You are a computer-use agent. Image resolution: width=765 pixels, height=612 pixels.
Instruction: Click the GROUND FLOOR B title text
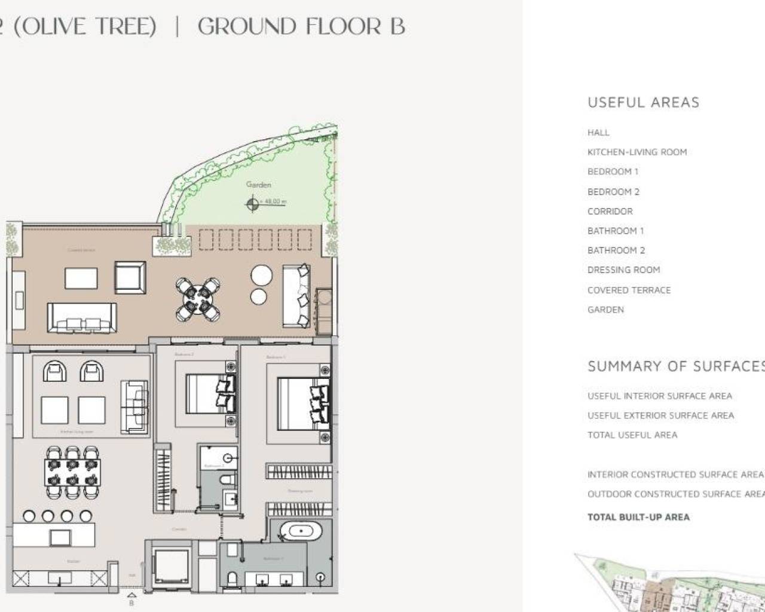click(x=301, y=27)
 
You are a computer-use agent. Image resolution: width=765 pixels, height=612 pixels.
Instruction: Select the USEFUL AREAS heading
click(x=643, y=102)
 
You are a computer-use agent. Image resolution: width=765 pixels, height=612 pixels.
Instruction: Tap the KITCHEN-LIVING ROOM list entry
click(x=637, y=152)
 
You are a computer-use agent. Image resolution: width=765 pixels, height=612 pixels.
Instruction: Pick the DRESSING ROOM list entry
click(x=623, y=270)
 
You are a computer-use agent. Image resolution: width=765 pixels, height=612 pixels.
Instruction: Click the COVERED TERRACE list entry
click(x=629, y=290)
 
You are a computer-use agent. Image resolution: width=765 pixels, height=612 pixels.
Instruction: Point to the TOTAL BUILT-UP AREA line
click(x=638, y=518)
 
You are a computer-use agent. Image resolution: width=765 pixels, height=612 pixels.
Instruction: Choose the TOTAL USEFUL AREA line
click(x=632, y=435)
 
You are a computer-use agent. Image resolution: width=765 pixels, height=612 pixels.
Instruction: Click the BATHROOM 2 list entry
click(x=616, y=250)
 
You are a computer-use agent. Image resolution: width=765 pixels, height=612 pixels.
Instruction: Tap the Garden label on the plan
click(x=258, y=185)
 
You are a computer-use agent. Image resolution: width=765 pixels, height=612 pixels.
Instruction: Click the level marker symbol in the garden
click(x=252, y=204)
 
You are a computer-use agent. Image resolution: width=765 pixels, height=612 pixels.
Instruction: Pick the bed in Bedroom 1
click(x=302, y=403)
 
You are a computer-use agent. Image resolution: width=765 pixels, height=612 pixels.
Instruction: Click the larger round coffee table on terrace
click(x=261, y=276)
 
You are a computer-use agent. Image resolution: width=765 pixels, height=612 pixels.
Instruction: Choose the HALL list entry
click(x=598, y=133)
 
